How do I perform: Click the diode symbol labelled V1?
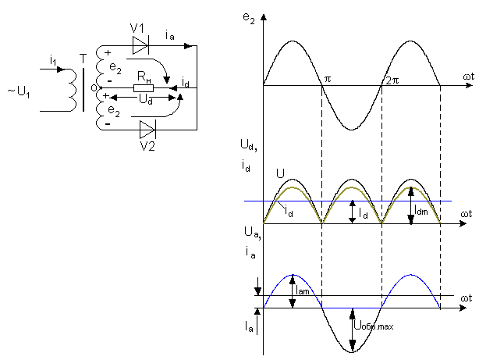click(x=140, y=46)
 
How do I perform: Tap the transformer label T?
click(x=83, y=57)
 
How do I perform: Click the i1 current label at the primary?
click(x=52, y=60)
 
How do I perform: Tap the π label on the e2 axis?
click(x=328, y=79)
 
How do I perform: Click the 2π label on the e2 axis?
click(x=390, y=79)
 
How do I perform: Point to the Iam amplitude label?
click(x=303, y=290)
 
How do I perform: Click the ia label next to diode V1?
click(x=171, y=36)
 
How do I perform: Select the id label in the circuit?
click(x=185, y=82)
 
